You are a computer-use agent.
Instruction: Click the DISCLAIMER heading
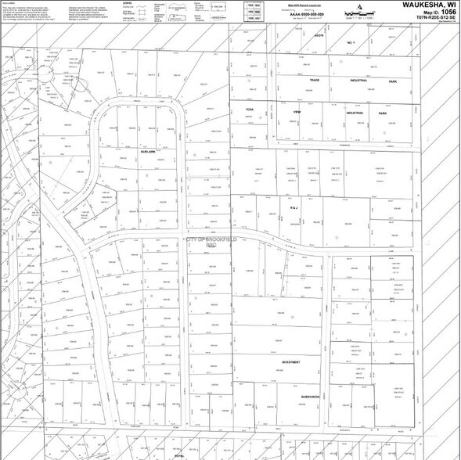pos(9,2)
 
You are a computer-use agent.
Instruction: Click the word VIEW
pos(297,112)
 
